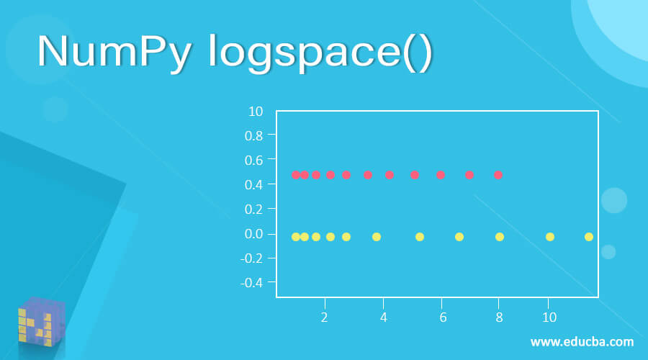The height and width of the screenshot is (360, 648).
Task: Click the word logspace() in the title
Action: (320, 53)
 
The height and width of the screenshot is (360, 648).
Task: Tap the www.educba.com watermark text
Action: (582, 342)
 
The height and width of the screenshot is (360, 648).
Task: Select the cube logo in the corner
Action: (42, 322)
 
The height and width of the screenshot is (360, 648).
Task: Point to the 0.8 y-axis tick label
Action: (253, 135)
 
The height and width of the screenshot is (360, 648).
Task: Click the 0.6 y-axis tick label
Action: (253, 161)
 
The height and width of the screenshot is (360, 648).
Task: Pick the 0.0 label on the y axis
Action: (253, 234)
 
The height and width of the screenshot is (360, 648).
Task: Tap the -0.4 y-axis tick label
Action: (251, 283)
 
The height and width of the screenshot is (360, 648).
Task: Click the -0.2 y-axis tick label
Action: (251, 258)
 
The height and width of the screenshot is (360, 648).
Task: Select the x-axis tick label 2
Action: (325, 318)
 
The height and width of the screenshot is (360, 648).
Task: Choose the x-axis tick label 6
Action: (443, 318)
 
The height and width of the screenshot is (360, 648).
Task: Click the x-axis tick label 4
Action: (384, 318)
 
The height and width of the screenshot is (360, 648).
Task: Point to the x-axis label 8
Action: (499, 318)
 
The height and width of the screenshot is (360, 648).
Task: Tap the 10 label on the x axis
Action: (549, 318)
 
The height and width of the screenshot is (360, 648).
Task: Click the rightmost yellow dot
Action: (589, 237)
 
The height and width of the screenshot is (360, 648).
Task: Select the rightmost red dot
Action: (498, 175)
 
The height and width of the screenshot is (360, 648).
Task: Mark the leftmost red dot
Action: (295, 175)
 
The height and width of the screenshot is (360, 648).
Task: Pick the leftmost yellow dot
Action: (295, 237)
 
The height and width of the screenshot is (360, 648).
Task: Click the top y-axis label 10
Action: (256, 111)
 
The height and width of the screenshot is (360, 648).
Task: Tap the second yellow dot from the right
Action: (549, 237)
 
